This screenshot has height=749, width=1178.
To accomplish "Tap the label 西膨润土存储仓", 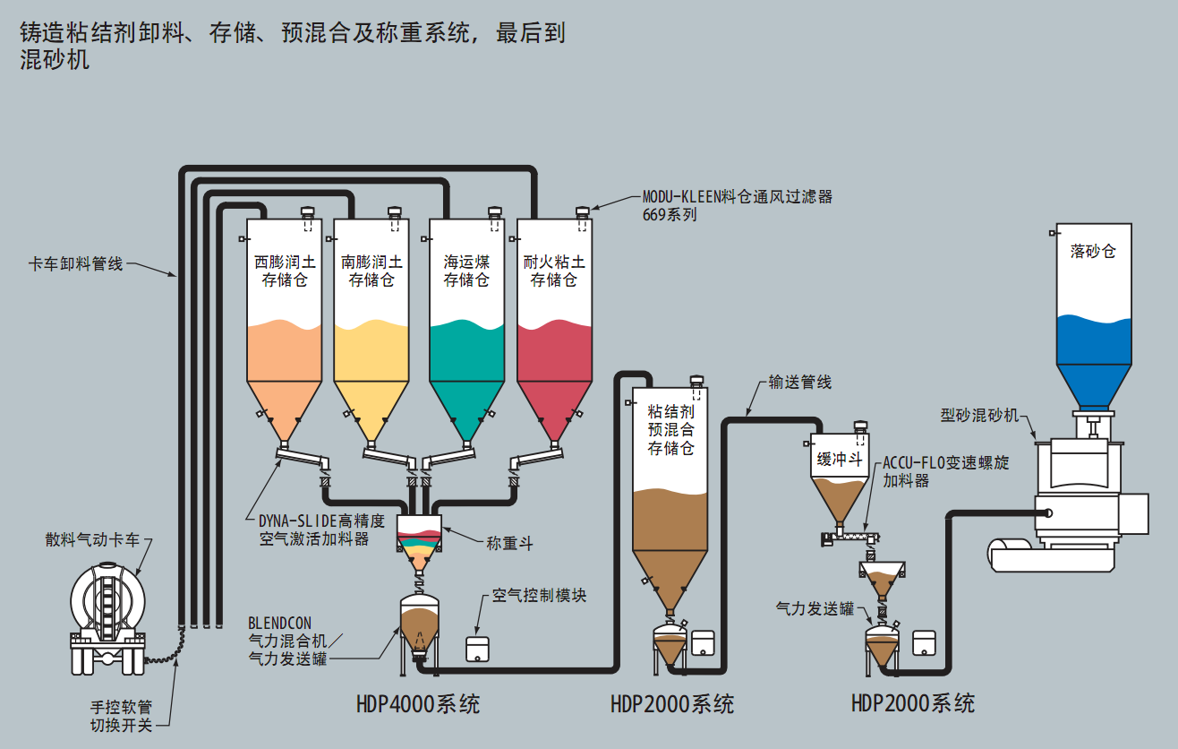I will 284,271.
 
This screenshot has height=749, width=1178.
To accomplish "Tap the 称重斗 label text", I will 509,543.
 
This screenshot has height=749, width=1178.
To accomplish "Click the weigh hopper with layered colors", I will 419,538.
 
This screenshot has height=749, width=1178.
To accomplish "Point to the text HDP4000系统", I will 417,703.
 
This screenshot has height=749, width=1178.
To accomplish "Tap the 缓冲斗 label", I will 839,460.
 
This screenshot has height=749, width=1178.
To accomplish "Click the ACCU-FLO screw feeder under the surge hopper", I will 851,540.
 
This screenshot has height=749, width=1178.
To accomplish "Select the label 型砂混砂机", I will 979,415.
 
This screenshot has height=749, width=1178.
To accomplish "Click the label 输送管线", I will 799,383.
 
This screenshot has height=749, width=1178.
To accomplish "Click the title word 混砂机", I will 55,60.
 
